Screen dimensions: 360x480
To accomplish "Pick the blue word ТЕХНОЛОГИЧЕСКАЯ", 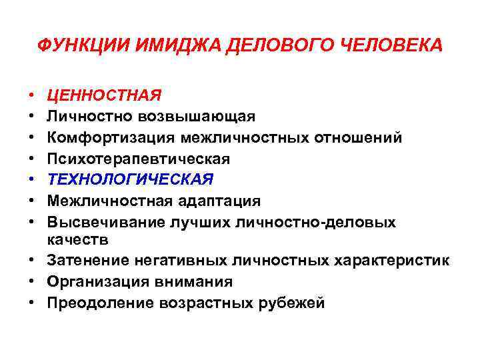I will pyautogui.click(x=131, y=179).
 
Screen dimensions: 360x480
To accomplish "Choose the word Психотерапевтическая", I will pyautogui.click(x=139, y=159).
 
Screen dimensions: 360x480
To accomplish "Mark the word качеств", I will pyautogui.click(x=75, y=238).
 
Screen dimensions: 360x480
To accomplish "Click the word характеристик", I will pyautogui.click(x=392, y=261).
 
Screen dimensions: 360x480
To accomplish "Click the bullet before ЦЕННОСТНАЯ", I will pyautogui.click(x=32, y=95).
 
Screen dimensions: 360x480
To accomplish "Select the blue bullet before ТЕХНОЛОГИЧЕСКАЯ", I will pyautogui.click(x=32, y=179).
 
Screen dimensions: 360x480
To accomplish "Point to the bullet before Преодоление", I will pyautogui.click(x=32, y=303).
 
